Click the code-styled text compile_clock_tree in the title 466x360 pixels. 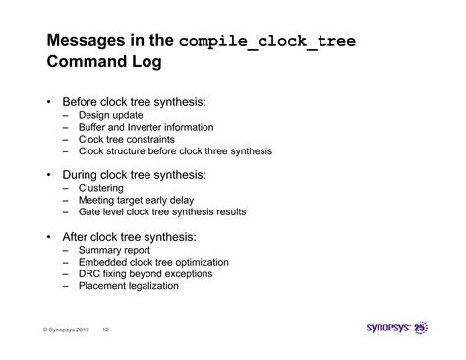(268, 42)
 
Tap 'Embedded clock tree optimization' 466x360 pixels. (159, 262)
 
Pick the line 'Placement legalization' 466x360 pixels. (135, 285)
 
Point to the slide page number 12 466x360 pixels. (107, 331)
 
